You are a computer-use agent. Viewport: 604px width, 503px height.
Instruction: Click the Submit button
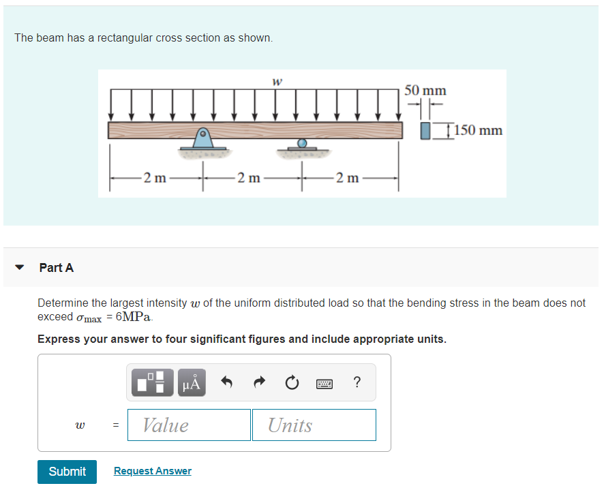point(67,472)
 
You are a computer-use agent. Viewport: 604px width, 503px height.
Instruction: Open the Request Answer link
point(153,471)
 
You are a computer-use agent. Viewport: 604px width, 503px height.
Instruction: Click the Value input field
point(189,425)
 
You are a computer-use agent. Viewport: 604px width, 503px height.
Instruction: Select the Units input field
point(314,425)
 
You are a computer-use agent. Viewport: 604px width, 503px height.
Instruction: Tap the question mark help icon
point(357,382)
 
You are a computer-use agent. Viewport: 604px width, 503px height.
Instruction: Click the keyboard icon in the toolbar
point(324,383)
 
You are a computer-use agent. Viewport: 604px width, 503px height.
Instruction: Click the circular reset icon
point(292,383)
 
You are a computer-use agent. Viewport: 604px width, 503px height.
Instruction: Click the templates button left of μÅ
point(151,382)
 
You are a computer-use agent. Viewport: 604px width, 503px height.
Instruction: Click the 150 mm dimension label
point(478,130)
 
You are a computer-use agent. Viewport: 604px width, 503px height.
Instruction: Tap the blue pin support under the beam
point(202,138)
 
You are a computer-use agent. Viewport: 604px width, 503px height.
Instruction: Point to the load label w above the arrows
point(277,82)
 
